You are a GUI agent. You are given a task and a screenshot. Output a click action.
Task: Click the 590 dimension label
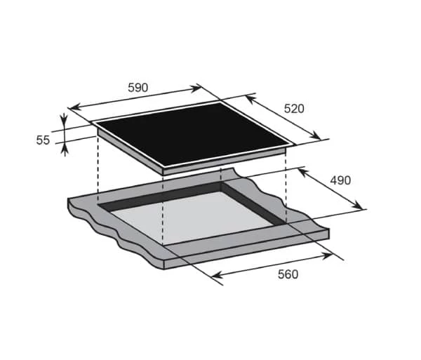(x=138, y=88)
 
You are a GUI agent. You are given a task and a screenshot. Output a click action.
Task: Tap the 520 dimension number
(x=294, y=109)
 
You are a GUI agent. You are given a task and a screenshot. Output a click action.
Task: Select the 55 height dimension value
(x=43, y=140)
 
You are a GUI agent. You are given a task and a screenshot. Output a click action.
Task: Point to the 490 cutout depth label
(x=340, y=180)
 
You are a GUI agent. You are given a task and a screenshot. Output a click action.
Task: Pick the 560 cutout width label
(x=288, y=274)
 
